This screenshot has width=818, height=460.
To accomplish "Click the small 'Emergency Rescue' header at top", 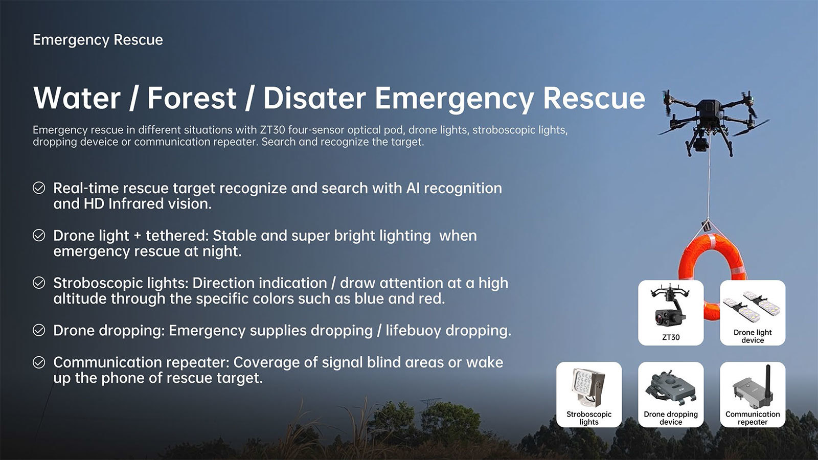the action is click(x=98, y=40).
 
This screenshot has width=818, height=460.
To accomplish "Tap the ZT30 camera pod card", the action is click(x=671, y=313).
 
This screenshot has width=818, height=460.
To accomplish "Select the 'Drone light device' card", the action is click(x=753, y=313).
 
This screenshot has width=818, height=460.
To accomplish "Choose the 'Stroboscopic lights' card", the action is click(x=589, y=395).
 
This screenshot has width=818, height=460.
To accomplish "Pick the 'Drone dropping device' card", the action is click(x=671, y=395).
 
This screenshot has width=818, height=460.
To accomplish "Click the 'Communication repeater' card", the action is click(x=753, y=395).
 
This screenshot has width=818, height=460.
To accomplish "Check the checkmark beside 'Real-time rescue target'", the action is click(x=39, y=188).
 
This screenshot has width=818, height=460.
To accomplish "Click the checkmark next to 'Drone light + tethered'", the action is click(x=39, y=236).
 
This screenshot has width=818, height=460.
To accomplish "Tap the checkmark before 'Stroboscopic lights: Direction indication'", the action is click(x=39, y=283).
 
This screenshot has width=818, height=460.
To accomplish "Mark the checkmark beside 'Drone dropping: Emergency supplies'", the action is click(x=39, y=330).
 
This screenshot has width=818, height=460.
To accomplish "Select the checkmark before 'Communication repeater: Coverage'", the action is click(x=39, y=362).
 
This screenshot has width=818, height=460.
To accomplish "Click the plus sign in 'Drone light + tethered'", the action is click(x=138, y=236).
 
